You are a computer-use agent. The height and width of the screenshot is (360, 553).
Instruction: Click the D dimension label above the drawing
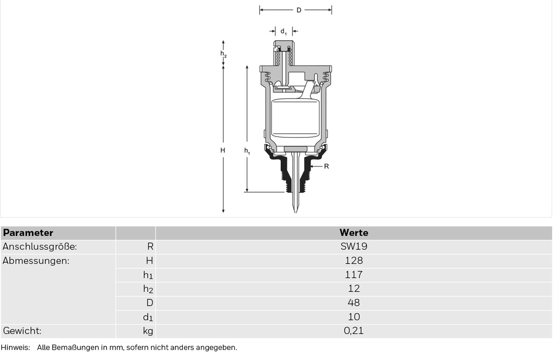(x=299, y=10)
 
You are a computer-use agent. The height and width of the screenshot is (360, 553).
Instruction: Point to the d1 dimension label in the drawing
(x=283, y=32)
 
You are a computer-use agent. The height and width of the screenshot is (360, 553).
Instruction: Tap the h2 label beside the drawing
(x=223, y=54)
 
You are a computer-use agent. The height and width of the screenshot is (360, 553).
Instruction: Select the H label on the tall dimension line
(x=222, y=150)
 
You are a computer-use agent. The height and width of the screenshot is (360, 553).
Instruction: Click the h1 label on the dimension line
(x=247, y=151)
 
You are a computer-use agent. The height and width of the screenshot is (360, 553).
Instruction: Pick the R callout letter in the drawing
(x=326, y=166)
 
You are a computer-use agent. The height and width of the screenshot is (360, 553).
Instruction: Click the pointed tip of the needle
(x=296, y=212)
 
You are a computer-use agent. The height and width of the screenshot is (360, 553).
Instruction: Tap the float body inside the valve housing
(x=295, y=118)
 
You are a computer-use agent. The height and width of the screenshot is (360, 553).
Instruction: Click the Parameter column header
(x=28, y=233)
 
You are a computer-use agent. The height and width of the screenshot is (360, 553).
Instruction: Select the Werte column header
(x=354, y=233)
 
